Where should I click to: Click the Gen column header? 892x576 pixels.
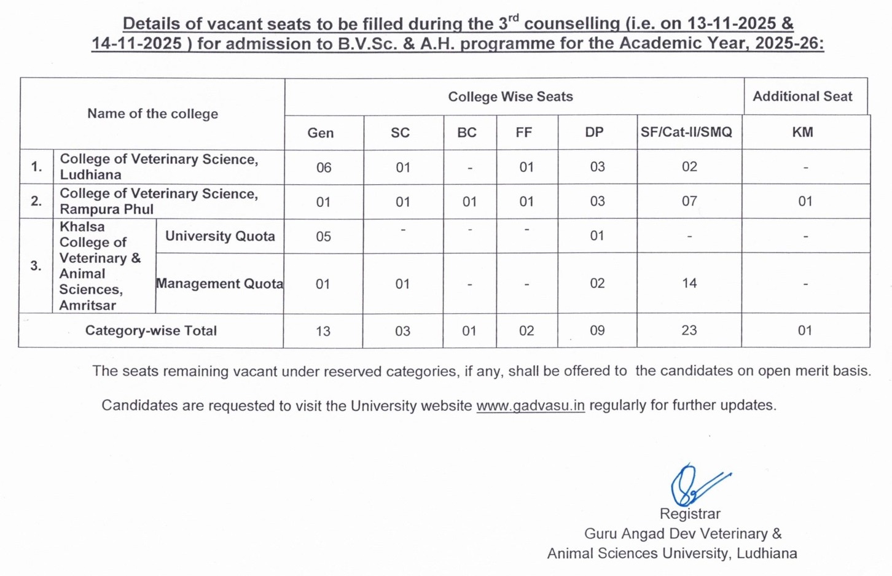321,133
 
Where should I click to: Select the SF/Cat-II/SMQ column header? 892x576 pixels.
686,132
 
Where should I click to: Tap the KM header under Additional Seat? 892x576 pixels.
802,132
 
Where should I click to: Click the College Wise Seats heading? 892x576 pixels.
510,96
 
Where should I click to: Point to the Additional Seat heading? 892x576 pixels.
802,96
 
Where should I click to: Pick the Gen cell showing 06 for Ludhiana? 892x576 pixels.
323,167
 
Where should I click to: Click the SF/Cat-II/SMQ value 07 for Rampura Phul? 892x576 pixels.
689,201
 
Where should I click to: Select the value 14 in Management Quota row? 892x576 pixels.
689,283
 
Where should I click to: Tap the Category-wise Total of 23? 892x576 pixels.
689,330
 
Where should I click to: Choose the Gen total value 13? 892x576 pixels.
323,331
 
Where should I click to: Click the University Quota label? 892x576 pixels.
220,236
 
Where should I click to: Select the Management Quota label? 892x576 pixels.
219,284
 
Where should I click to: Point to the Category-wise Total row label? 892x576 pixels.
151,330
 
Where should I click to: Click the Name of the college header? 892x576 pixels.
152,114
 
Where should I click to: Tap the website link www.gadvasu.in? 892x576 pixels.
530,406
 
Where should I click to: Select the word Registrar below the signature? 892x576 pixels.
690,514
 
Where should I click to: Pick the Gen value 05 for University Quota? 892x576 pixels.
323,236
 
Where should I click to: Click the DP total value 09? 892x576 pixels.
597,330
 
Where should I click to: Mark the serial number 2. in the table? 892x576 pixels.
36,201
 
